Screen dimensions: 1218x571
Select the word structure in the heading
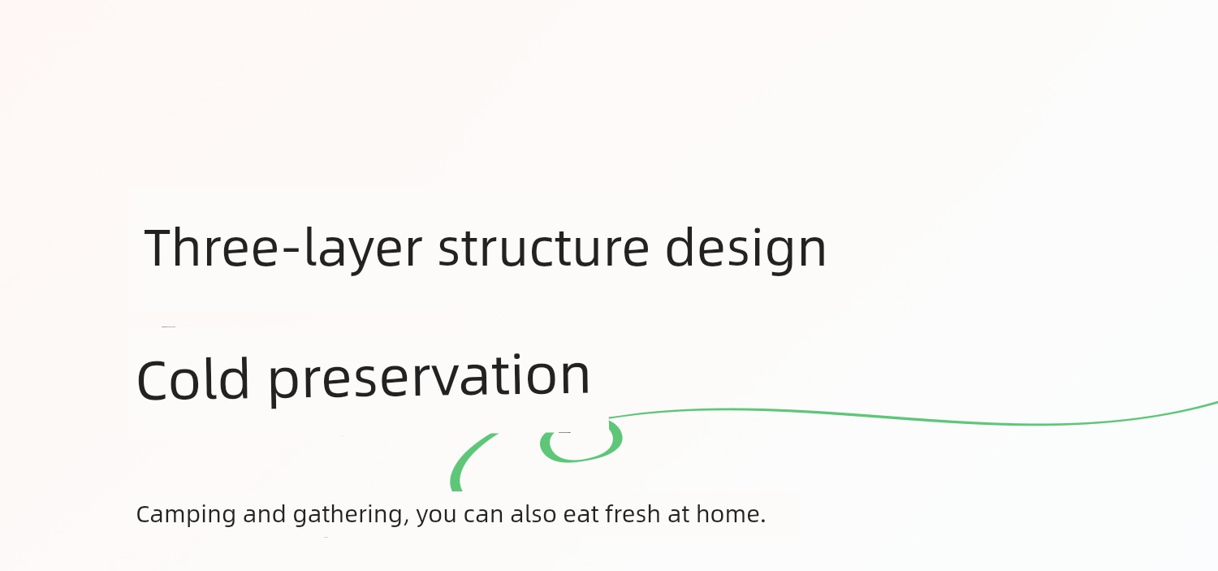[543, 248]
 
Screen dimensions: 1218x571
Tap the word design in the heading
[745, 250]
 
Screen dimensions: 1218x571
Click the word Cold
[193, 379]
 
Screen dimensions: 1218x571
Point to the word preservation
[430, 379]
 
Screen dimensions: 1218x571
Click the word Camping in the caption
[185, 514]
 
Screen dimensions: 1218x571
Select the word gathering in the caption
[348, 514]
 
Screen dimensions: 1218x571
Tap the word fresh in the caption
[633, 513]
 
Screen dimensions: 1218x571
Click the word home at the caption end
[728, 513]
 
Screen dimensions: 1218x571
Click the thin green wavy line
[914, 417]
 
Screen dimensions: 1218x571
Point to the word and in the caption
[264, 513]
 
